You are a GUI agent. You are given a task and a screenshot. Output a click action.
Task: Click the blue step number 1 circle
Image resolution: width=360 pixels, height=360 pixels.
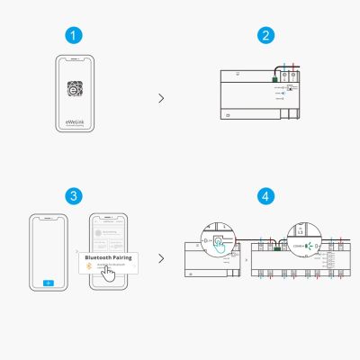tap(76, 35)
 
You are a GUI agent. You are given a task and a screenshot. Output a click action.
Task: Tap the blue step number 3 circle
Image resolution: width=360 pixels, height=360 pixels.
tap(76, 195)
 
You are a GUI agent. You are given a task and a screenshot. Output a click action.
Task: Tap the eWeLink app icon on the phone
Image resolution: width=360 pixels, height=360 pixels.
tap(76, 91)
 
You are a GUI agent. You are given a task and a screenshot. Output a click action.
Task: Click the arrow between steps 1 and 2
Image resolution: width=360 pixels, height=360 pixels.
tap(161, 98)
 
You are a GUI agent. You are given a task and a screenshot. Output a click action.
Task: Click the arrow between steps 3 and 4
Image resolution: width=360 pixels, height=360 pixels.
tap(161, 258)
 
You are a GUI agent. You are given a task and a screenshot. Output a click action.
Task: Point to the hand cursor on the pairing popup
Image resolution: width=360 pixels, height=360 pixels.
tap(110, 275)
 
